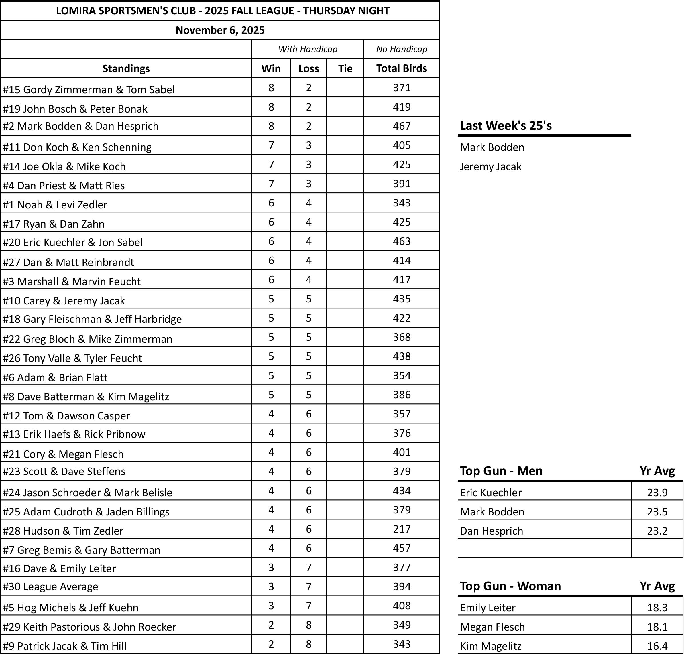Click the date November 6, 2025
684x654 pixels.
pos(220,30)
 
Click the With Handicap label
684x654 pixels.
pos(308,49)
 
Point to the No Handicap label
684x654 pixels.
pos(402,49)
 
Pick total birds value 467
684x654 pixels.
pos(402,126)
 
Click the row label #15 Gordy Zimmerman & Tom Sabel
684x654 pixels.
pos(89,90)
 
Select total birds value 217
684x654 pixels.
pos(402,529)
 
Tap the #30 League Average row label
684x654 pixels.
pos(51,586)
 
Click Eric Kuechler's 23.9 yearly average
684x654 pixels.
pos(657,492)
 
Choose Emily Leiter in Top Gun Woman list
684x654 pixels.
pos(487,608)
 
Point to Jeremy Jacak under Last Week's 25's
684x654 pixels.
pos(490,166)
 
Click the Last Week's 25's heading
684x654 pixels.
pos(506,125)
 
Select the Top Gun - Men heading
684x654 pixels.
pos(501,471)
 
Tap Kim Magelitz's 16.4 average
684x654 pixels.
pos(657,646)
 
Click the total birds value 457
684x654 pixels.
pos(402,548)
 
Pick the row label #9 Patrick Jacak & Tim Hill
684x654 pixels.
pos(64,646)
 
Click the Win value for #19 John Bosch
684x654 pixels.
pos(271,107)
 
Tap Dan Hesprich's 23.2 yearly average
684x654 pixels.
pos(657,531)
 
